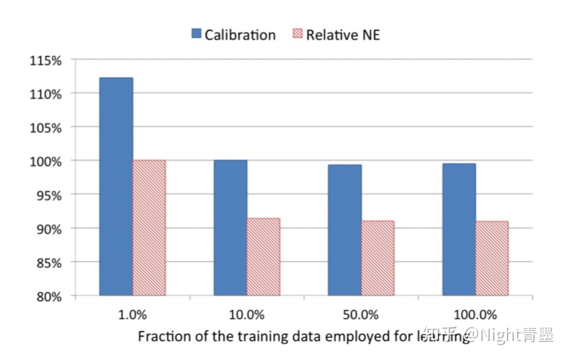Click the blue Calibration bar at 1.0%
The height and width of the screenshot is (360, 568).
[x=116, y=186]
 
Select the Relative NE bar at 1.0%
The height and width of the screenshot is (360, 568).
[x=149, y=228]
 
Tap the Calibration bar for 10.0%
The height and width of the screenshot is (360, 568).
[x=230, y=228]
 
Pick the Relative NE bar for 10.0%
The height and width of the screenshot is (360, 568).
[x=263, y=256]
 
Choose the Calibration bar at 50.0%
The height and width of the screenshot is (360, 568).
[x=345, y=230]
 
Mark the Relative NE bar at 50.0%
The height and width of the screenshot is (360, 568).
[x=378, y=258]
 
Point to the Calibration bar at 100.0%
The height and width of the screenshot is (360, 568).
[x=459, y=229]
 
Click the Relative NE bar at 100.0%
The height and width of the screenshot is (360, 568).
[x=492, y=258]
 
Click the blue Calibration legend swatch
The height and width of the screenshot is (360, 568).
[x=196, y=34]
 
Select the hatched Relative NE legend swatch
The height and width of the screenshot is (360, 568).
[x=297, y=34]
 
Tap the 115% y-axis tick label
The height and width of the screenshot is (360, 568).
[x=46, y=61]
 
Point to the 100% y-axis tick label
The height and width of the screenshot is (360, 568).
[x=46, y=162]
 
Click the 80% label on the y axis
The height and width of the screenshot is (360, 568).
[x=49, y=297]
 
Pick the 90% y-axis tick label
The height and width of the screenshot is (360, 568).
[x=49, y=229]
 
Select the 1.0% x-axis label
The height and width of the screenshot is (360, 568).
[x=132, y=315]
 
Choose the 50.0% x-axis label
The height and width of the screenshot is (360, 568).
[x=360, y=315]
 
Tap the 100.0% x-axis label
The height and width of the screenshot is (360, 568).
[x=475, y=315]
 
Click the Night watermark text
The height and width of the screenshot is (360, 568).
[x=500, y=335]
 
